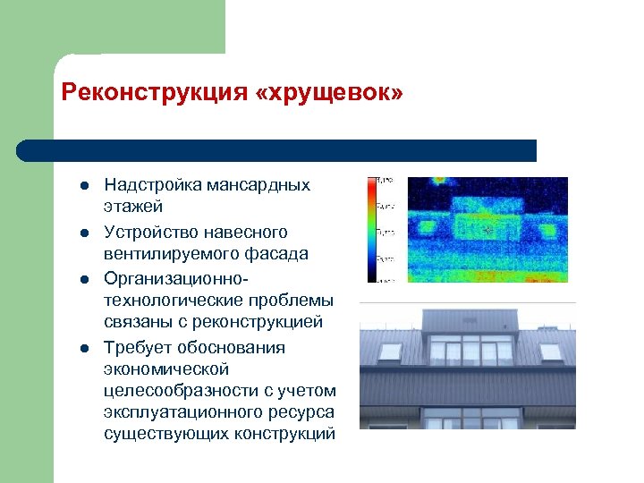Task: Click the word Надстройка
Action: (x=153, y=185)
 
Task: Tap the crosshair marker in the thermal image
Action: (x=487, y=230)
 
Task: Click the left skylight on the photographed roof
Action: (x=392, y=352)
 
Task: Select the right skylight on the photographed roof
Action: (x=550, y=352)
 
